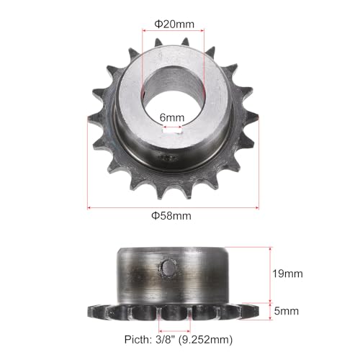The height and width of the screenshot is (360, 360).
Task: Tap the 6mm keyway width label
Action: pos(174,116)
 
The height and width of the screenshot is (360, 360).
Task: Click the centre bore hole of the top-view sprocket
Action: pos(174,94)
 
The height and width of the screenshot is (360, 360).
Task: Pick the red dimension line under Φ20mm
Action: pos(174,31)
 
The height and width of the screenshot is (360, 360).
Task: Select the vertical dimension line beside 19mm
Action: pos(270,274)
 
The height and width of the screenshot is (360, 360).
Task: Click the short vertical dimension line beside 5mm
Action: pos(270,312)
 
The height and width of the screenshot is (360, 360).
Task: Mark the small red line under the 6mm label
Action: pos(174,125)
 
